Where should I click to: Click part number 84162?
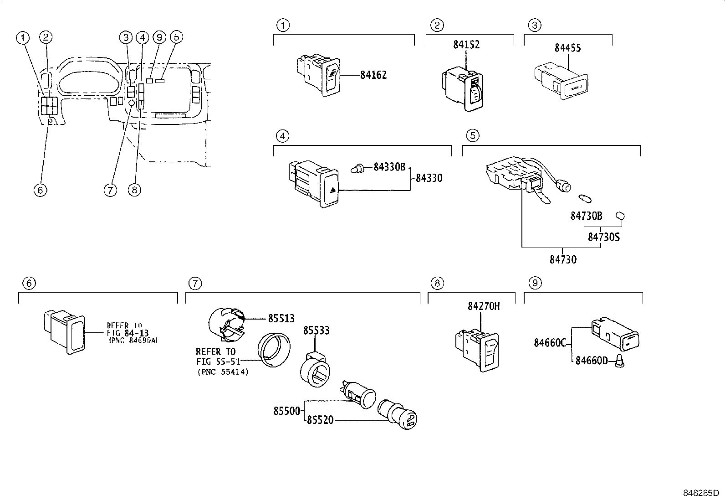click(x=373, y=75)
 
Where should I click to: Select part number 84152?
click(x=466, y=45)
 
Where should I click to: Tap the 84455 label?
click(x=567, y=48)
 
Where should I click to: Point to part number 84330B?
click(x=389, y=167)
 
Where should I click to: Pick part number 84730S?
click(x=603, y=237)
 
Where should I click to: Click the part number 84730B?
click(x=586, y=216)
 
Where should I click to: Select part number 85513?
click(x=281, y=319)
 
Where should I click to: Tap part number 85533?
click(x=317, y=331)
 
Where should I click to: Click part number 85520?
click(x=320, y=420)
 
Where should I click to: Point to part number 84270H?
click(x=483, y=306)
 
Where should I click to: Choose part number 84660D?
click(x=592, y=361)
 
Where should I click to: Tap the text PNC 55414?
click(x=223, y=372)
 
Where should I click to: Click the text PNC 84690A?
click(x=133, y=340)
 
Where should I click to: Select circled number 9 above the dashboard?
click(x=159, y=37)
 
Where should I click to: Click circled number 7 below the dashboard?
click(x=110, y=190)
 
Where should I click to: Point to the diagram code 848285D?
click(x=700, y=493)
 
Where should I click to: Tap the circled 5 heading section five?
click(x=473, y=136)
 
